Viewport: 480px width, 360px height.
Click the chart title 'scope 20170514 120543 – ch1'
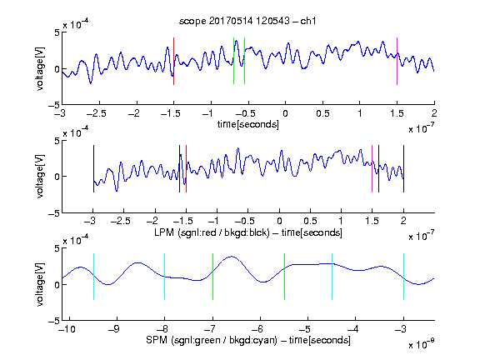[x=247, y=21]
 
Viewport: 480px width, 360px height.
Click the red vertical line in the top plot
[x=173, y=61]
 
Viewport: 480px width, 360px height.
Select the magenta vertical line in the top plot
[x=397, y=61]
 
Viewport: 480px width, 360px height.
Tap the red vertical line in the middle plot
[x=186, y=168]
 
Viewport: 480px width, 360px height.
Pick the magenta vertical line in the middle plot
[x=372, y=168]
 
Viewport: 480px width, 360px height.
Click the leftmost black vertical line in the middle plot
[x=93, y=168]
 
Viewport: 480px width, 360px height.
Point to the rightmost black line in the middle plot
[x=403, y=168]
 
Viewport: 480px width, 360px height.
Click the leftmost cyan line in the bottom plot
[x=93, y=277]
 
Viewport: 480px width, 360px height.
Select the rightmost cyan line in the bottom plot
[x=403, y=277]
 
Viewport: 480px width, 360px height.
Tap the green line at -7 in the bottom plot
[x=212, y=277]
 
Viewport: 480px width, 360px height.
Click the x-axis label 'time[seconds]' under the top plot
[x=248, y=125]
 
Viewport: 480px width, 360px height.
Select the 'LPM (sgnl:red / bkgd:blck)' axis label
[x=212, y=232]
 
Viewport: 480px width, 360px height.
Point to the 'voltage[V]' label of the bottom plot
[x=40, y=284]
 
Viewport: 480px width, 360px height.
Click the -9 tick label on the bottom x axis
[x=114, y=329]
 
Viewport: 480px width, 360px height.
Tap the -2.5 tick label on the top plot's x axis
[x=96, y=113]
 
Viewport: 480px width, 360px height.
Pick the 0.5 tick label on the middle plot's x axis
[x=310, y=221]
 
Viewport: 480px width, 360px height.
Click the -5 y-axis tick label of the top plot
[x=54, y=105]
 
